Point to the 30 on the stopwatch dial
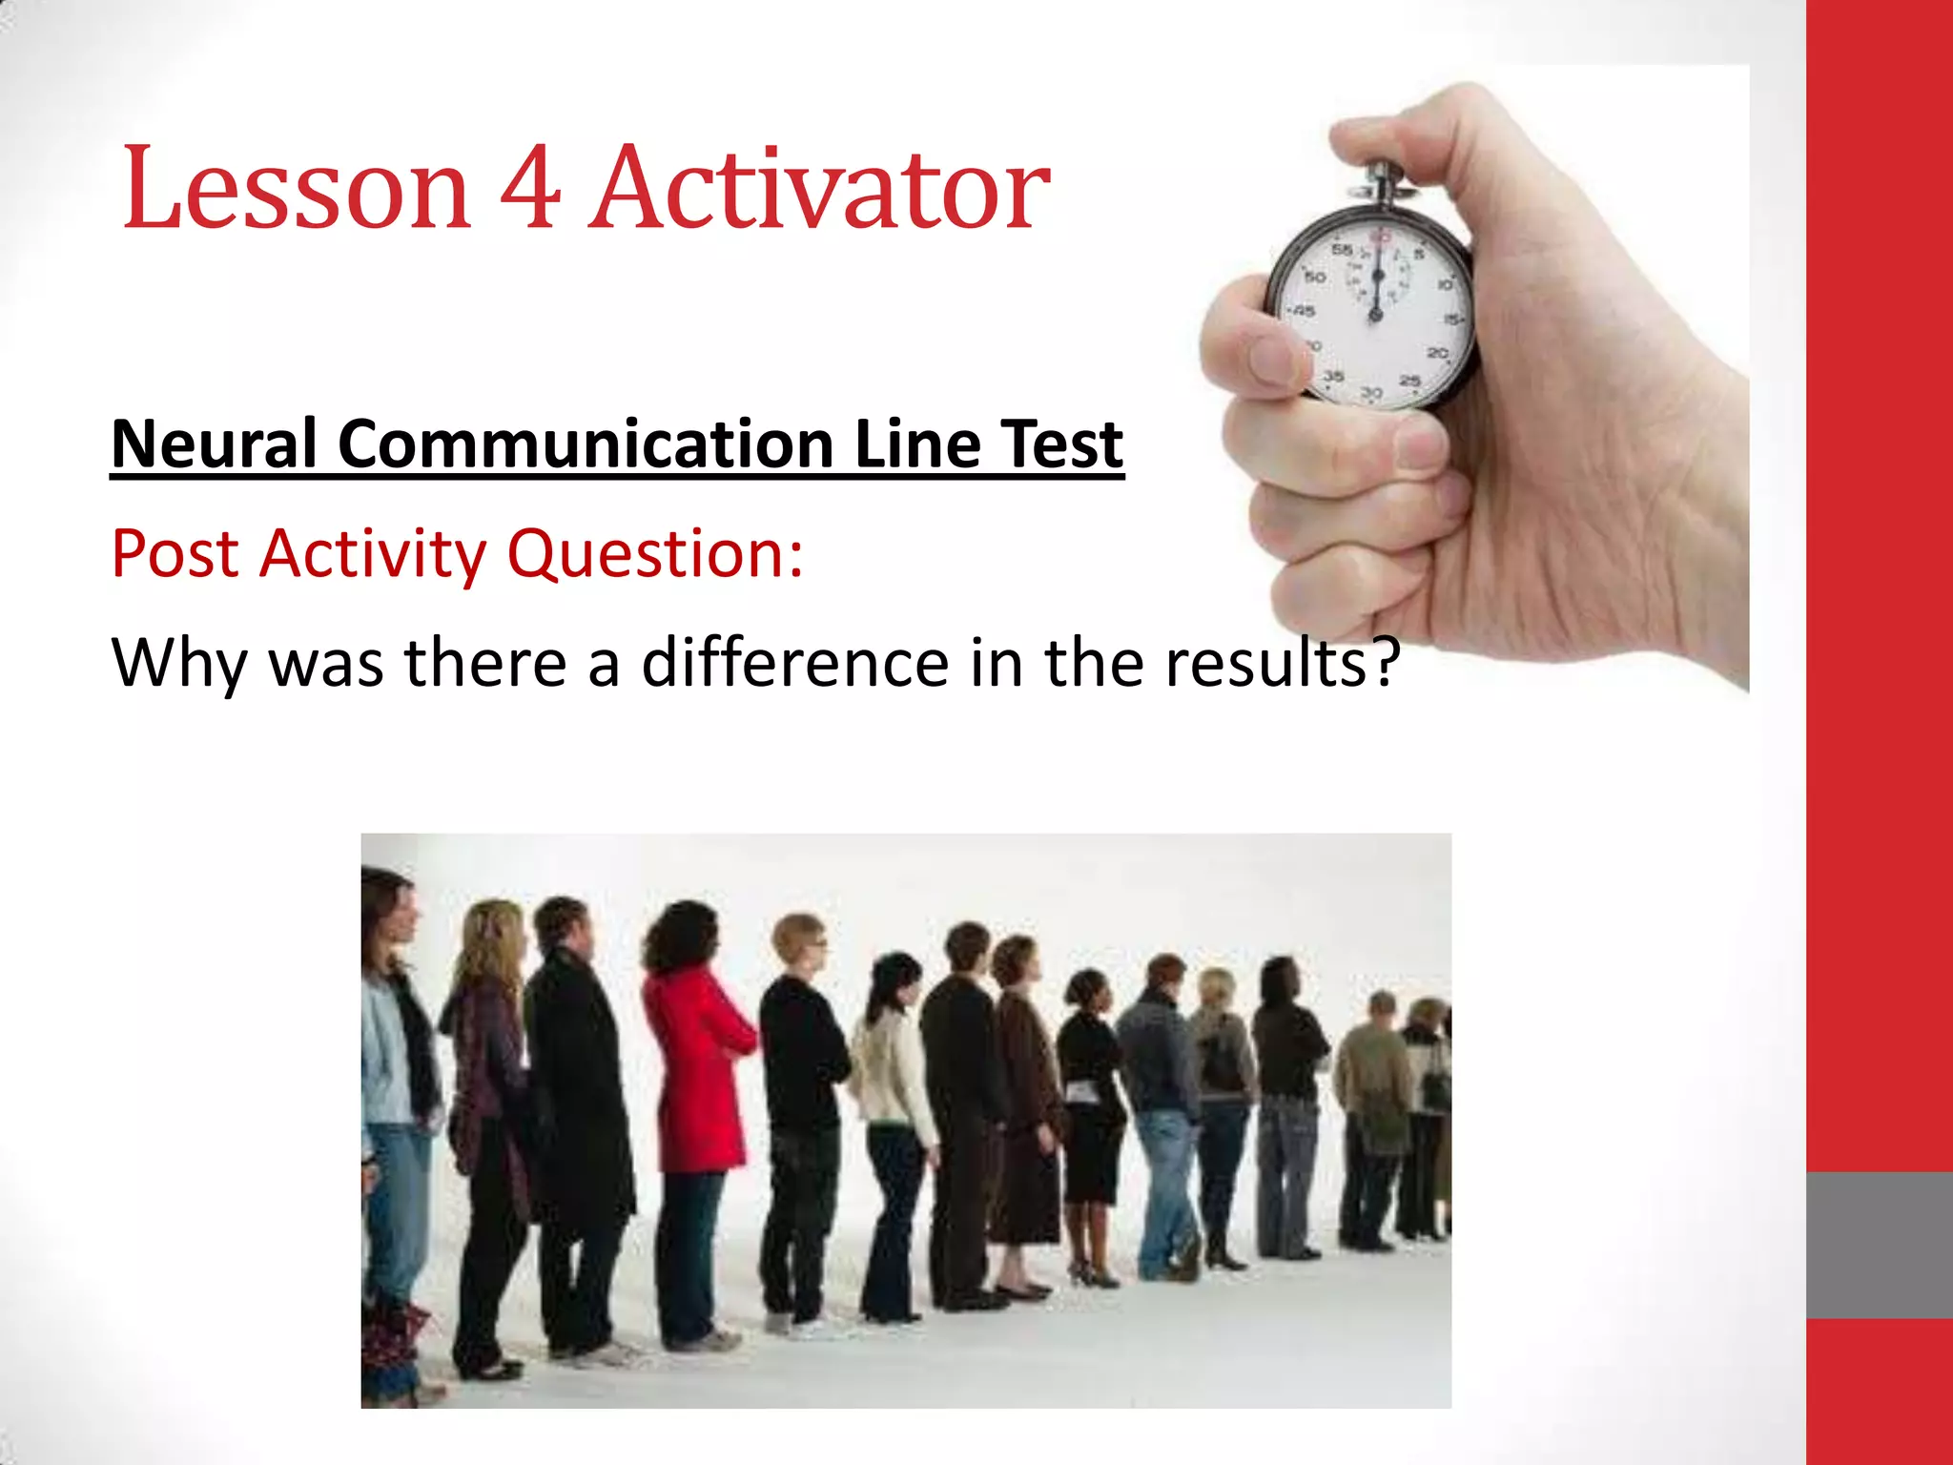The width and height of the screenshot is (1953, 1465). pos(1371,393)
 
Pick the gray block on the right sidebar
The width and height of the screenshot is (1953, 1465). pos(1879,1245)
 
